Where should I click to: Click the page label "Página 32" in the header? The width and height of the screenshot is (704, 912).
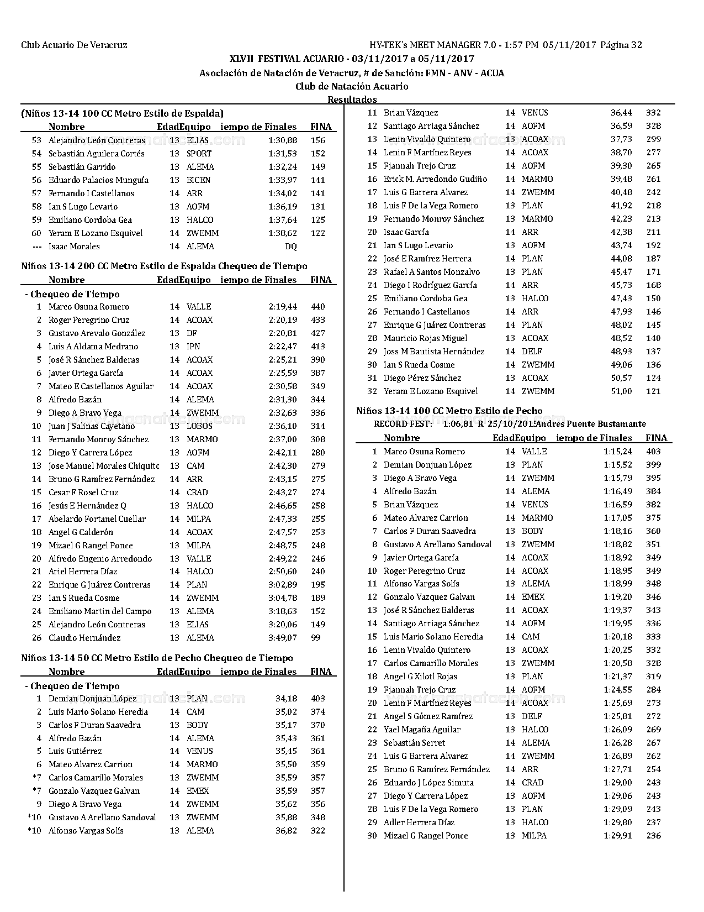coord(621,45)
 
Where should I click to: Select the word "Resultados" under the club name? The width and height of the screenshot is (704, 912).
coord(352,100)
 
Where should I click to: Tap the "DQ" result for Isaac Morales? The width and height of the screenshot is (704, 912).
coord(290,247)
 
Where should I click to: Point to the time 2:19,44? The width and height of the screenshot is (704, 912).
coord(283,307)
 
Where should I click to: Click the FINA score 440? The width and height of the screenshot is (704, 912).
coord(318,307)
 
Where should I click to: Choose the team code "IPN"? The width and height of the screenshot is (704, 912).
coord(193,347)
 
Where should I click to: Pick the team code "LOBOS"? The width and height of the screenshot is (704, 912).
coord(199,426)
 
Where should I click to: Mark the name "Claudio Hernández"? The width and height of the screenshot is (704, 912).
coord(84,638)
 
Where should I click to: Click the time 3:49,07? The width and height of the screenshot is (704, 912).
coord(283,638)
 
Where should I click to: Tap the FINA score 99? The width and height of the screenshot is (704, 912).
coord(316,638)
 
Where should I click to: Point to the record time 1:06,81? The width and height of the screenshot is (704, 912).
coord(458,424)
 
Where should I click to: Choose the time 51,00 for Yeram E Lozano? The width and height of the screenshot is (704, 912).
coord(621,391)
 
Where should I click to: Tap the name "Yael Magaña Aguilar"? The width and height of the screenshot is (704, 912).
coord(422,730)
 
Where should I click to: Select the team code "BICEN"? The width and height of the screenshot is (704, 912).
coord(199,180)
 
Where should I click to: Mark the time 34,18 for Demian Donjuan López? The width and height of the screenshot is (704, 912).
coord(287,699)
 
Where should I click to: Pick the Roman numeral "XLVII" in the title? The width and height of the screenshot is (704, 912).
coord(242,59)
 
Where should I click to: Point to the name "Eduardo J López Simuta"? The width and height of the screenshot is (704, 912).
coord(428,783)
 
